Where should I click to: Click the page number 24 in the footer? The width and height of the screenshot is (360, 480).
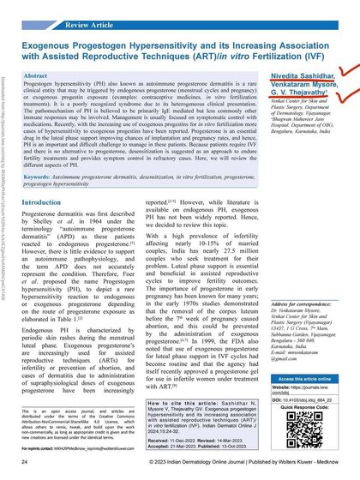(x=24, y=463)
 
